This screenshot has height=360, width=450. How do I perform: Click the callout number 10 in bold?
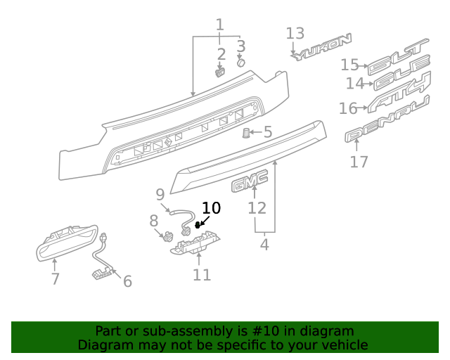211,207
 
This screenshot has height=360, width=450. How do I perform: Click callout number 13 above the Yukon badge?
295,33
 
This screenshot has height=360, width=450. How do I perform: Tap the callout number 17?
359,162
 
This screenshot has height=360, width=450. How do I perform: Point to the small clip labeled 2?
219,71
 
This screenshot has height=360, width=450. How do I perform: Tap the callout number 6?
127,281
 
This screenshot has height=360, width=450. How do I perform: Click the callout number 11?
202,275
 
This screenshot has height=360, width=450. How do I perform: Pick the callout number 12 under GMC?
257,208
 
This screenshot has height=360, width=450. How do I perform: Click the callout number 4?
264,245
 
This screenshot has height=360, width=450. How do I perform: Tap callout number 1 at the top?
219,26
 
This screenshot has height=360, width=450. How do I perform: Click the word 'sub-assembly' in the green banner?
193,331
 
